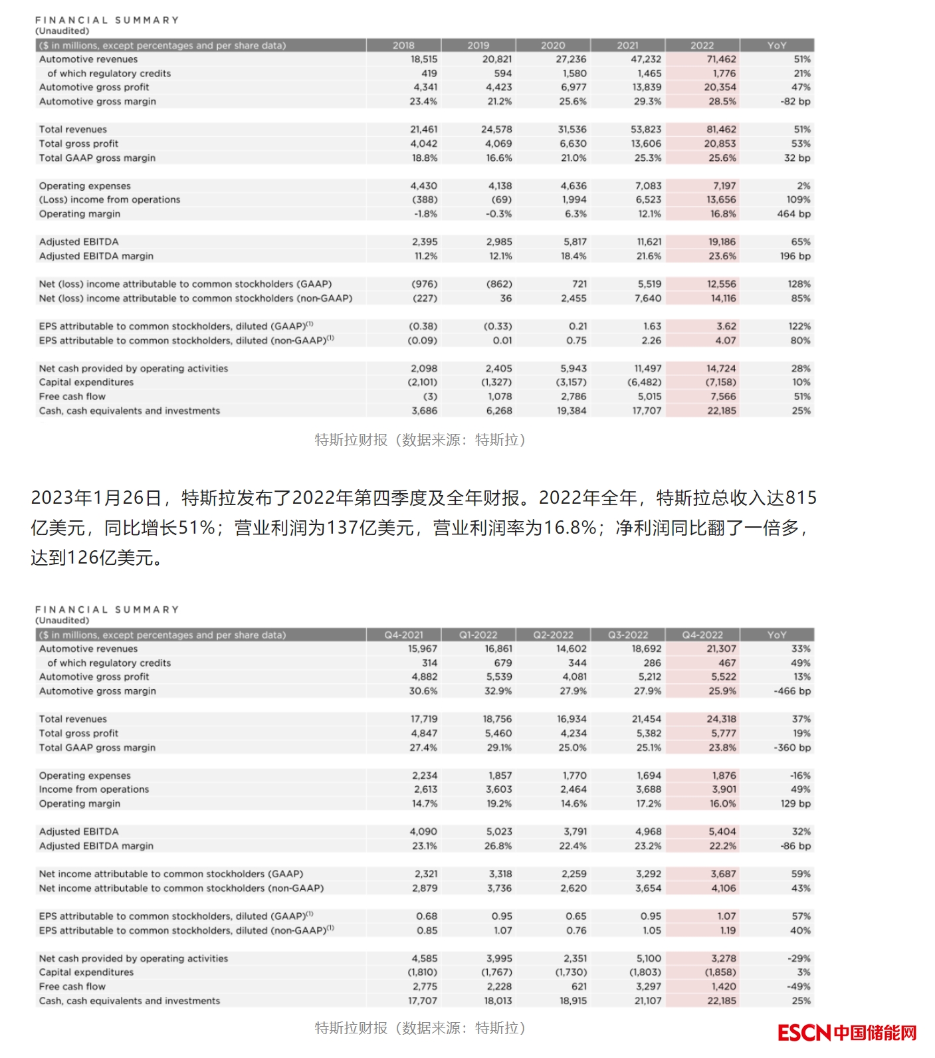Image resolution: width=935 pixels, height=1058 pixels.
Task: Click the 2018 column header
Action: pyautogui.click(x=403, y=45)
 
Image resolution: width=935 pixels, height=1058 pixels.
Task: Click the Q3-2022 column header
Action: pyautogui.click(x=627, y=635)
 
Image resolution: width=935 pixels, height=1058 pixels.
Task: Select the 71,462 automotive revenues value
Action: pyautogui.click(x=721, y=59)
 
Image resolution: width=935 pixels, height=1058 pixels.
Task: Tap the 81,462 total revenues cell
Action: pyautogui.click(x=721, y=130)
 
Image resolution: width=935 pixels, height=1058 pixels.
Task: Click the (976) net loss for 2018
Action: pyautogui.click(x=425, y=284)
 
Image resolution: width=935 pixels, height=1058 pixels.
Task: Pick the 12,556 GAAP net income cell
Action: pyautogui.click(x=721, y=284)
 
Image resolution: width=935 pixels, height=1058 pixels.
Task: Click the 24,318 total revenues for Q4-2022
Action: pyautogui.click(x=721, y=719)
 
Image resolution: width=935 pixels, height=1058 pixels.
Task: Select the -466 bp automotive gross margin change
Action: pyautogui.click(x=792, y=691)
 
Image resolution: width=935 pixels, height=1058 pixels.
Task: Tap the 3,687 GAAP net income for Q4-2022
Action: pyautogui.click(x=723, y=874)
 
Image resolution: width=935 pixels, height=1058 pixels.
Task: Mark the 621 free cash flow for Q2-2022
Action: pyautogui.click(x=579, y=986)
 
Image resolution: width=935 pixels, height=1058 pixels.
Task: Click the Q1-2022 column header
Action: pyautogui.click(x=478, y=635)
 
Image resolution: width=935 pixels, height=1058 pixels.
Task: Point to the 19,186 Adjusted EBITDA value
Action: pyautogui.click(x=722, y=242)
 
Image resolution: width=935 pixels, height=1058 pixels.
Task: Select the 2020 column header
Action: pyautogui.click(x=553, y=45)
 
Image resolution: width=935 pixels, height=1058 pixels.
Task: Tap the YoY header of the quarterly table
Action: pyautogui.click(x=776, y=635)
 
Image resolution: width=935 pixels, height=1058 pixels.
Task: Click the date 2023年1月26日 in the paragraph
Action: pyautogui.click(x=96, y=498)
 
